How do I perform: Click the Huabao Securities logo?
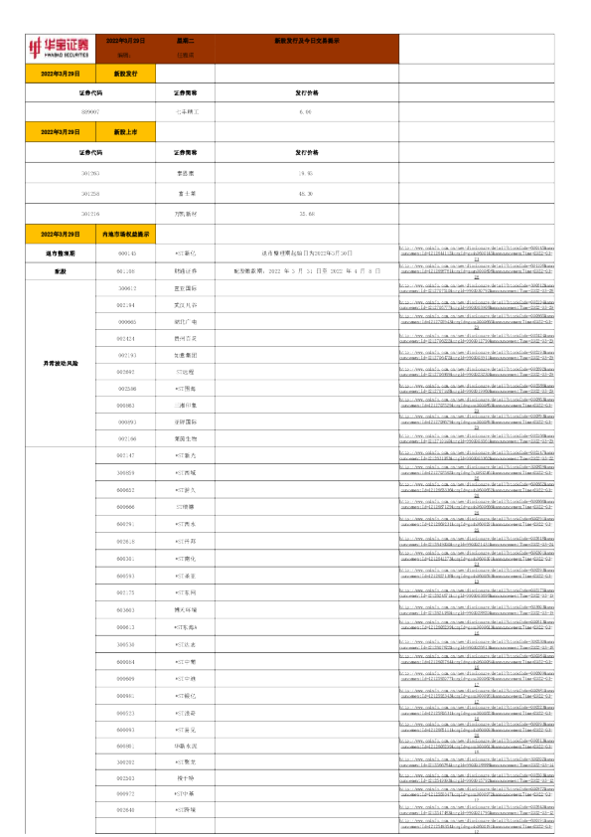pos(60,47)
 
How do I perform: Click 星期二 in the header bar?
pos(185,41)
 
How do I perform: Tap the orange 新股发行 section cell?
pos(126,74)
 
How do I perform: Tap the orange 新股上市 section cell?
pos(126,131)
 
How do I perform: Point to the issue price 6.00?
pos(306,112)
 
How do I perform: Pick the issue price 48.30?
pos(306,193)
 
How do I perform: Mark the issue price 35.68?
pos(306,213)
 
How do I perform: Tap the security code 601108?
pos(126,269)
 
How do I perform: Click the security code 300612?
pos(126,287)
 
